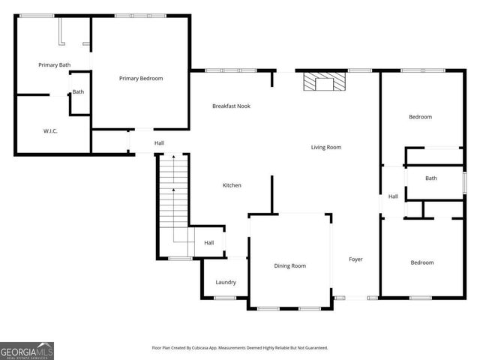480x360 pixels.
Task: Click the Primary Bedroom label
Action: coord(141,78)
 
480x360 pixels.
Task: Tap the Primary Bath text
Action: coord(54,65)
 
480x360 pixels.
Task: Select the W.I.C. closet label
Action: coord(50,131)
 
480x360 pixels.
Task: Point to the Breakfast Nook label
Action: coord(231,106)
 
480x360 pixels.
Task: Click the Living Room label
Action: coord(326,147)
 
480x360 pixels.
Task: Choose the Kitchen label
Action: coord(232,185)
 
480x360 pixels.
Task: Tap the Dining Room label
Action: coord(289,265)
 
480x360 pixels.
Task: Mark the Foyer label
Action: coord(355,259)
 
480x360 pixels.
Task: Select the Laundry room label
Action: coord(226,282)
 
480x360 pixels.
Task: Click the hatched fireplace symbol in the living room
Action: coord(324,81)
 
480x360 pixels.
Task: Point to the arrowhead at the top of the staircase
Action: coord(173,157)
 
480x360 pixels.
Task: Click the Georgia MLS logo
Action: coord(27,350)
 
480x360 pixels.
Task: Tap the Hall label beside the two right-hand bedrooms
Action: coord(393,196)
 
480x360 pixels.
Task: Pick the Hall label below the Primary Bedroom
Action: coord(159,143)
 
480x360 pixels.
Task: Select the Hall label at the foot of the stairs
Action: coord(209,242)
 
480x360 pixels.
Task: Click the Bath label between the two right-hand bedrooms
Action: coord(430,178)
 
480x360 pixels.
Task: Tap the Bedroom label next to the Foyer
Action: coord(421,262)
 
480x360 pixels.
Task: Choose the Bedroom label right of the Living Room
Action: coord(420,117)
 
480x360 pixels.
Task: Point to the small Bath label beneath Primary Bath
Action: coord(78,92)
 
